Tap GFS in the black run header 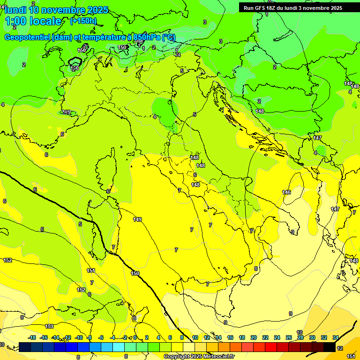262,8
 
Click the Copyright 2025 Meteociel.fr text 199,357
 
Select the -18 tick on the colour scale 32,337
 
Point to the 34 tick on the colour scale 336,337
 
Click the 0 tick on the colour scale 135,337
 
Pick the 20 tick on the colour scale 254,337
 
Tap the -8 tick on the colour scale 90,337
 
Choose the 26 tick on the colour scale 289,337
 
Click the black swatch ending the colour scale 329,347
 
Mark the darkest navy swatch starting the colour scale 25,347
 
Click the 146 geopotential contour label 286,192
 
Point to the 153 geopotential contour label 49,326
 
